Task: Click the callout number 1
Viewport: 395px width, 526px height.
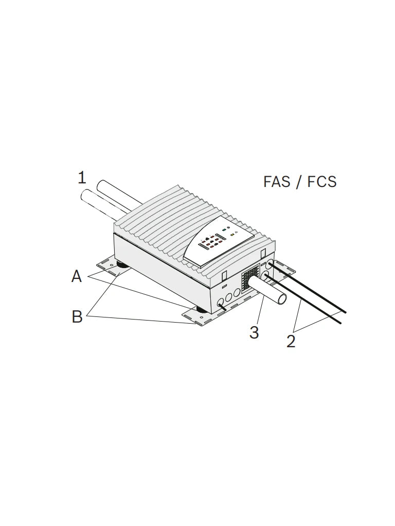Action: point(82,178)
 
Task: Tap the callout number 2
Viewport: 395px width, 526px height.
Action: point(291,341)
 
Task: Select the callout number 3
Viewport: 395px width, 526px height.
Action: point(254,332)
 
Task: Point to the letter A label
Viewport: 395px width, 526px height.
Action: point(77,277)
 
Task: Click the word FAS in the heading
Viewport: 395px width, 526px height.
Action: point(277,182)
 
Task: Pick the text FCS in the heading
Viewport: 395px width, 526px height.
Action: point(323,182)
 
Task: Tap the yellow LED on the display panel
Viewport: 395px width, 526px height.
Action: point(232,234)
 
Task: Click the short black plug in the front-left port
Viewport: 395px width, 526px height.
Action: point(222,305)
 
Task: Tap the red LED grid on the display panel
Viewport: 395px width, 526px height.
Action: point(211,241)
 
